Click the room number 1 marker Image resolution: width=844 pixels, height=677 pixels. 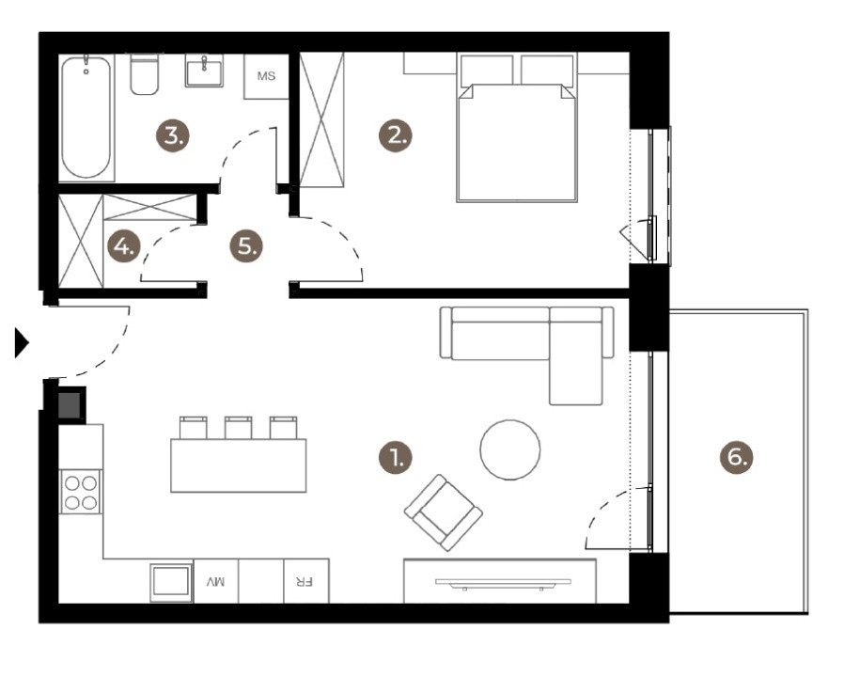point(396,458)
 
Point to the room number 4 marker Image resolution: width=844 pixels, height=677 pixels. point(123,247)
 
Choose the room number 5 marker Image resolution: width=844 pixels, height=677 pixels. point(246,247)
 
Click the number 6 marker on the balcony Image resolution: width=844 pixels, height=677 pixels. point(737,458)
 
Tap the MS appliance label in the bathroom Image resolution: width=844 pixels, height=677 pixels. point(266,76)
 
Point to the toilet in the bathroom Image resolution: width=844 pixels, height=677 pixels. point(144,75)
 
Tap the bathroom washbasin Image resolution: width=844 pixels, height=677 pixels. point(204,71)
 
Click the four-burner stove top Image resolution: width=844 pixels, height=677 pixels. point(81,492)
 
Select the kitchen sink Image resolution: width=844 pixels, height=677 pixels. point(171,582)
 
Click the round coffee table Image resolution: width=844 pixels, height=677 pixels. point(509,449)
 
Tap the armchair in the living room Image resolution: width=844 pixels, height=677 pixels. point(443,512)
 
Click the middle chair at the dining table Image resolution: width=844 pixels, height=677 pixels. point(238,428)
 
